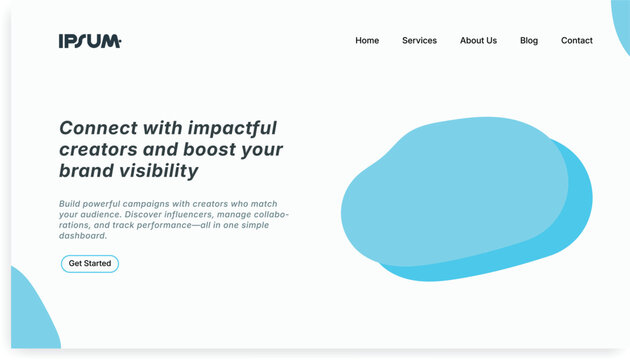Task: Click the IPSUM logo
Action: (x=90, y=41)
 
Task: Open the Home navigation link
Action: (x=367, y=41)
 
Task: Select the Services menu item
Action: (x=419, y=41)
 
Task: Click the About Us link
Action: (x=478, y=41)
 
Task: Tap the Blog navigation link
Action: (x=529, y=41)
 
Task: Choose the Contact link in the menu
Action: (x=576, y=41)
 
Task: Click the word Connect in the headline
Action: (x=95, y=128)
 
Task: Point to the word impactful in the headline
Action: (x=229, y=128)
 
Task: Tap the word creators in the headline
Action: (x=100, y=150)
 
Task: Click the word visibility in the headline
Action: (x=155, y=171)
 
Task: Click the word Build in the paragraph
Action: (x=71, y=204)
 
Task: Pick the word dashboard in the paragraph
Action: (x=82, y=237)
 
